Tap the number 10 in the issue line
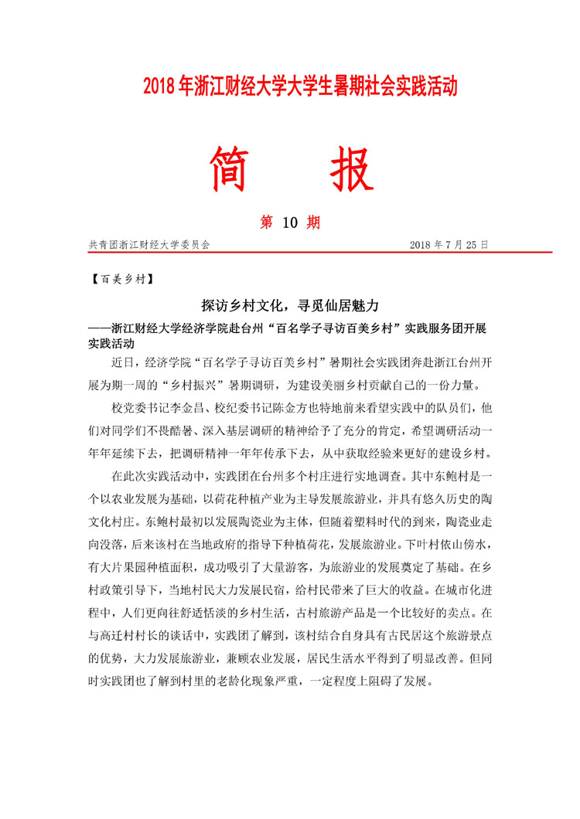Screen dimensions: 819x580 click(x=290, y=223)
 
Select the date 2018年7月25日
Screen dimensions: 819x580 click(x=449, y=244)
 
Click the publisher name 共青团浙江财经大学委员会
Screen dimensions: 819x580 click(x=150, y=244)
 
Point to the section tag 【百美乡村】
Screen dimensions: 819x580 click(x=122, y=278)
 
